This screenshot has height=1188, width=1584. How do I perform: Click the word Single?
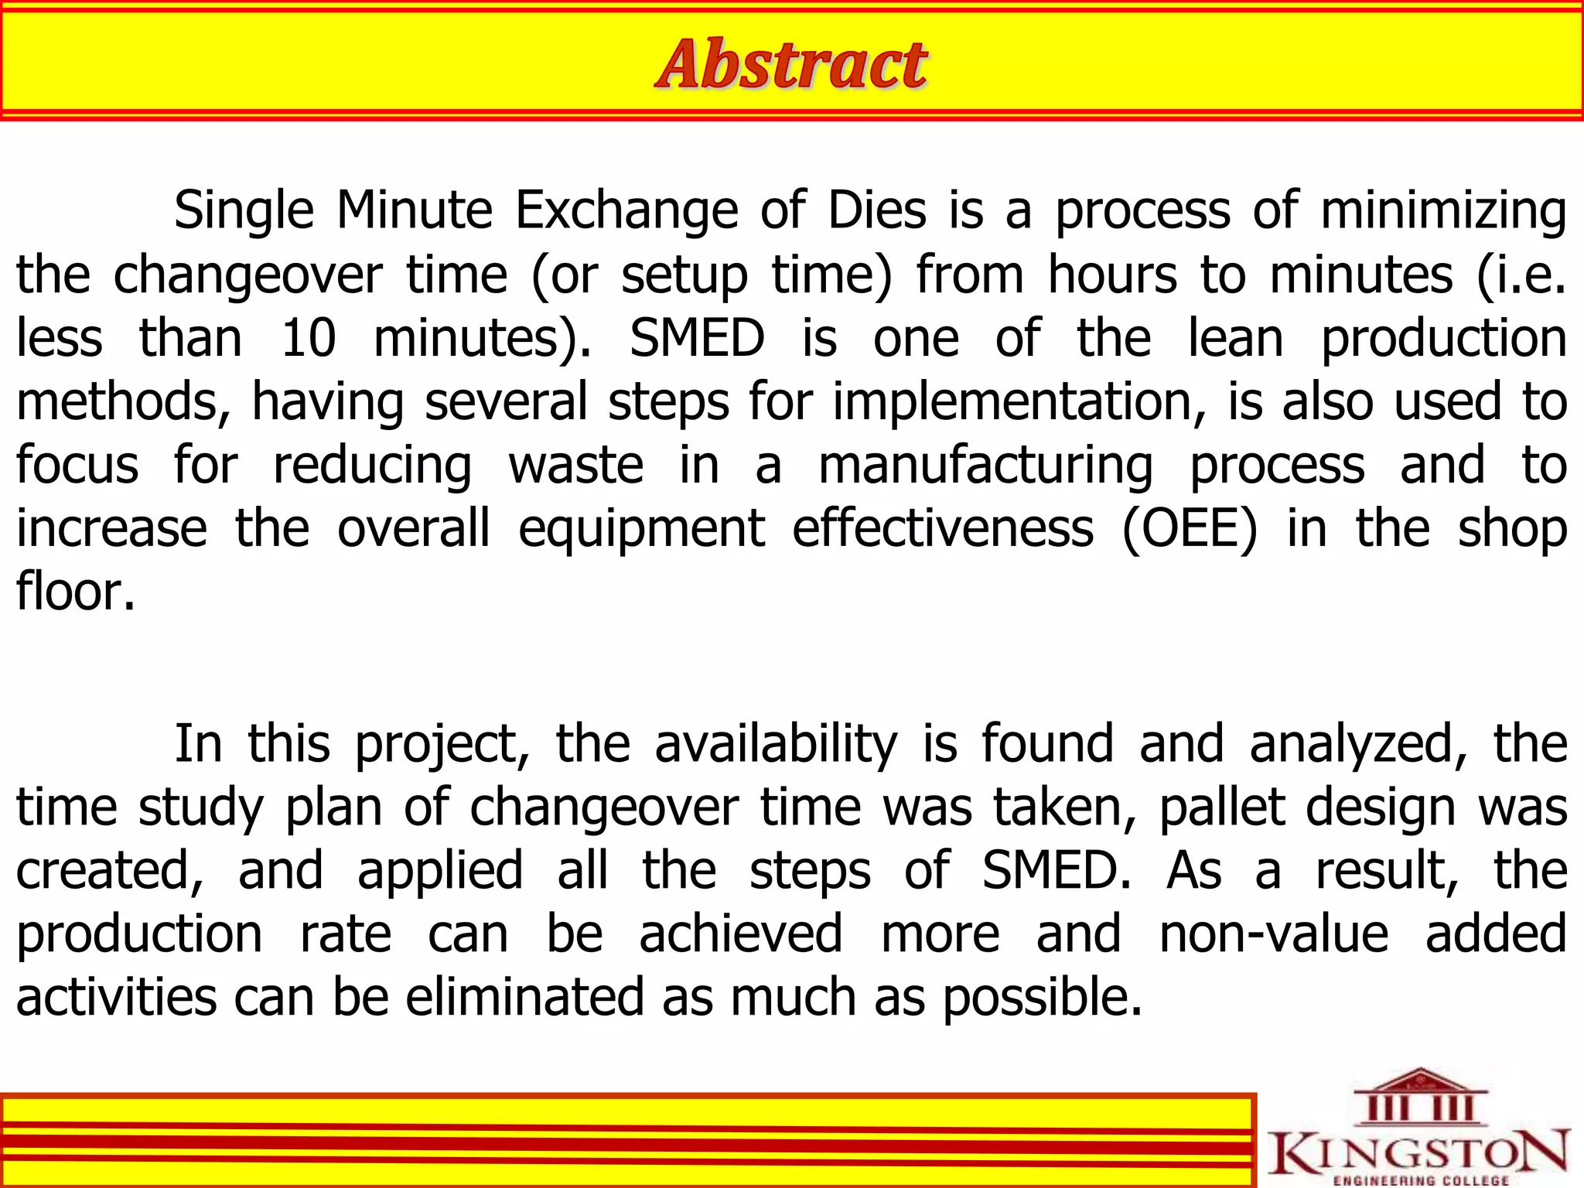244,210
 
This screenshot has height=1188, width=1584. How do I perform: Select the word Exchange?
626,210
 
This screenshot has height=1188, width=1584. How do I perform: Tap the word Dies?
876,210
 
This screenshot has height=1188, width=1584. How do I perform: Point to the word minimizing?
1443,210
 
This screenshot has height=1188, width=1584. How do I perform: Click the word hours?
1112,275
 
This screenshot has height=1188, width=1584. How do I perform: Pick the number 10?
308,339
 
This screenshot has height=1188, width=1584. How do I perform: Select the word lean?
1235,339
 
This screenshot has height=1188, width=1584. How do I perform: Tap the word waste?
575,466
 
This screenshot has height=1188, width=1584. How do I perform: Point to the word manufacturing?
985,466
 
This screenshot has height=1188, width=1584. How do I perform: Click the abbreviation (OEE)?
1190,529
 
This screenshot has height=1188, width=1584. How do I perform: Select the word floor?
75,592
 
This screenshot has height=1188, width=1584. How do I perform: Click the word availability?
776,744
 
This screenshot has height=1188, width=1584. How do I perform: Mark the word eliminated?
524,997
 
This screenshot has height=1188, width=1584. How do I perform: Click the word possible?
1042,997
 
